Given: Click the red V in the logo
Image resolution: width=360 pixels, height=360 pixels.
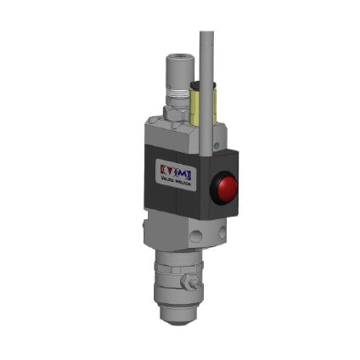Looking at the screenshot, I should [x=167, y=168].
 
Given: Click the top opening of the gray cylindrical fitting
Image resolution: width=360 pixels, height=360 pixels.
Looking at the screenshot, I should [x=178, y=58].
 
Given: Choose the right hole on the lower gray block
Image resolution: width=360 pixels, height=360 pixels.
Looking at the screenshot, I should [x=223, y=231].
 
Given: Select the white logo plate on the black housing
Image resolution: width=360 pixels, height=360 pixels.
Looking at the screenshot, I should [x=175, y=172].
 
